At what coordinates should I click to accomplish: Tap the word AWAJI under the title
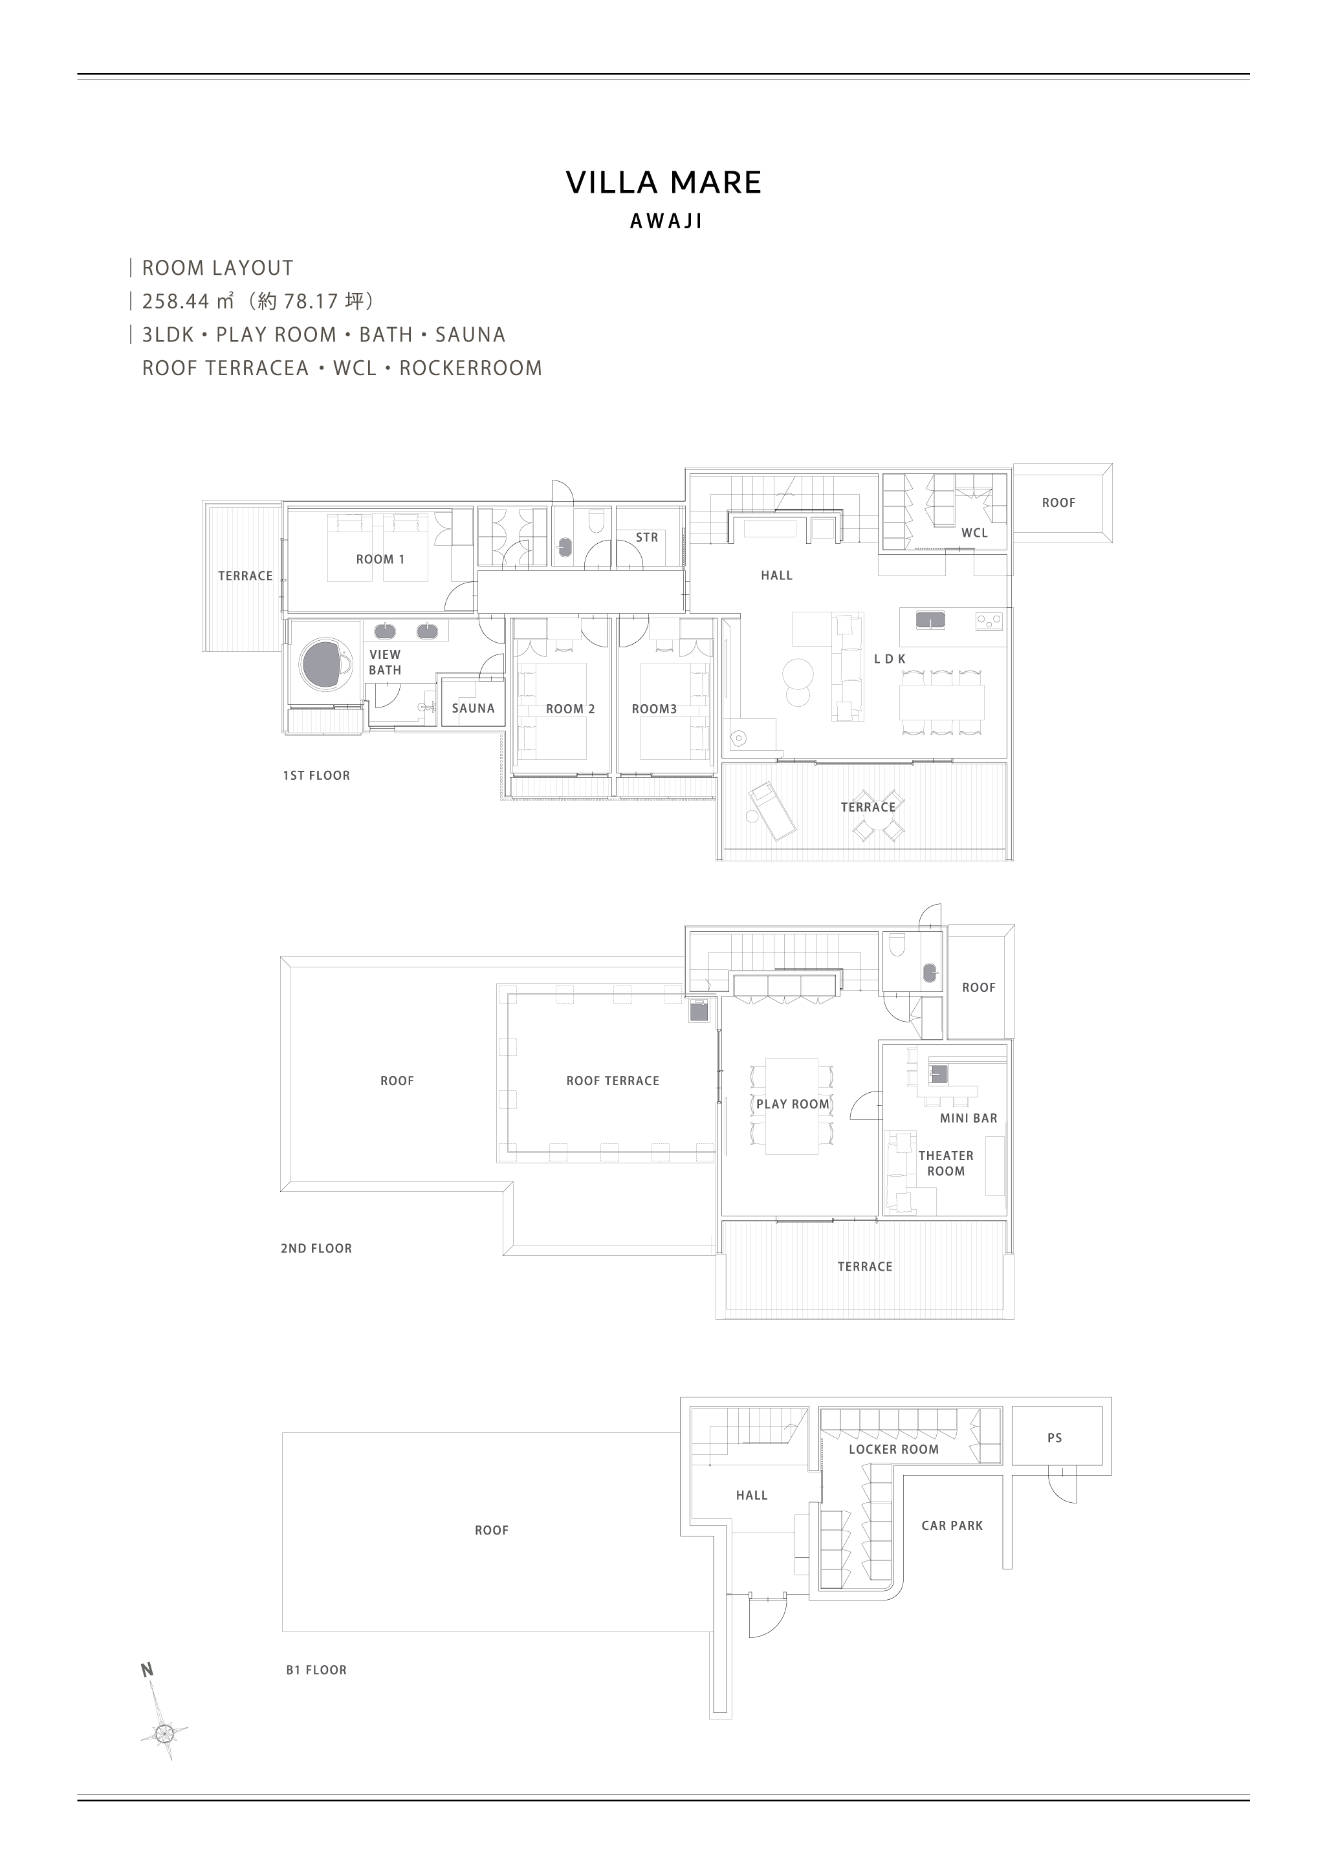coord(666,221)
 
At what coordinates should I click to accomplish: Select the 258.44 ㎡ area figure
coord(188,301)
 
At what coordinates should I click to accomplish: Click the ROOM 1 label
coord(380,559)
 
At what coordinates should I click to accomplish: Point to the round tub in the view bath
coord(327,663)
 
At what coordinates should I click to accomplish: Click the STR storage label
coord(646,537)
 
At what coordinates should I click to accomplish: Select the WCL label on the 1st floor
coord(975,533)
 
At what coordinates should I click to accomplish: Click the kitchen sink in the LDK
coord(931,620)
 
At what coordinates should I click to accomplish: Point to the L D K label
coord(890,659)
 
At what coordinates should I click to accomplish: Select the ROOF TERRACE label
coord(612,1081)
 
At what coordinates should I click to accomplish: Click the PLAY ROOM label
coord(792,1104)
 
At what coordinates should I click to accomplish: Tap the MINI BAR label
coord(969,1118)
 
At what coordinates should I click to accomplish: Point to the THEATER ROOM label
coord(945,1163)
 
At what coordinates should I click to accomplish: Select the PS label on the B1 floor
coord(1055,1438)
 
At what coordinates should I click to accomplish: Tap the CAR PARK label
coord(952,1525)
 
